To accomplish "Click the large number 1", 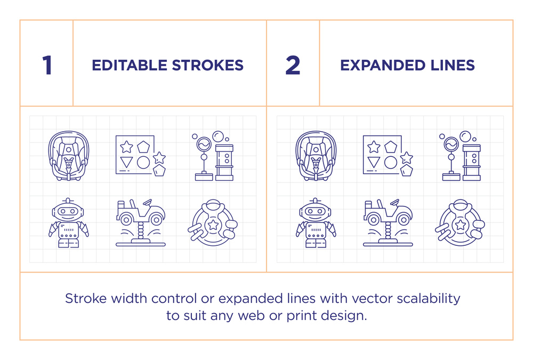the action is [47, 65].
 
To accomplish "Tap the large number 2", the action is [293, 65].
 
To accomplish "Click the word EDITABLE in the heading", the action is [130, 65].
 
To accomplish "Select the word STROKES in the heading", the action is [208, 65].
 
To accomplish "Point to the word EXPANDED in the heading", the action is [383, 65].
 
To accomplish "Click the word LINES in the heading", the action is [453, 65].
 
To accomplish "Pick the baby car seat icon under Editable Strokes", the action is [69, 156].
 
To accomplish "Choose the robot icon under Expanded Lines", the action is [316, 223].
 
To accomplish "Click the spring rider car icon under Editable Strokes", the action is [141, 222].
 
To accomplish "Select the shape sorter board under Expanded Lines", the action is [388, 156].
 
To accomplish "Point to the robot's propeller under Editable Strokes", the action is [68, 201].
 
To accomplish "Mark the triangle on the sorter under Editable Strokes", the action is [126, 162].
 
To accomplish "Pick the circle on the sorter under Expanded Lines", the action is [391, 162].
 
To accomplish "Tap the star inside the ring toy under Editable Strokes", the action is [213, 225].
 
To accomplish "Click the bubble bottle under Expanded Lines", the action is [472, 162].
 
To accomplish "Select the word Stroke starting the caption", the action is [86, 299].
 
